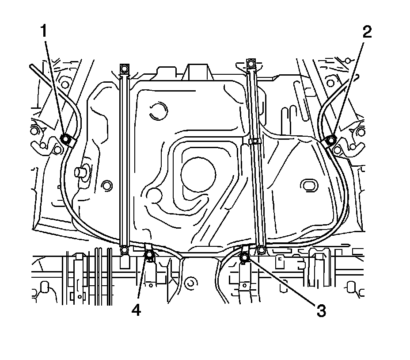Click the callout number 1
(44, 31)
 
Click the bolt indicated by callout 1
(65, 140)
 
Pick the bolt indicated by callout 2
(330, 141)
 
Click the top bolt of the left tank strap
(124, 68)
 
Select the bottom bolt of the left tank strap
(125, 250)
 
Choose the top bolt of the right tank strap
(251, 63)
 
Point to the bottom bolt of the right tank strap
(262, 250)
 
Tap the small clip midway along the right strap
(253, 142)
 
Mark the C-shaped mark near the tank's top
(157, 111)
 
